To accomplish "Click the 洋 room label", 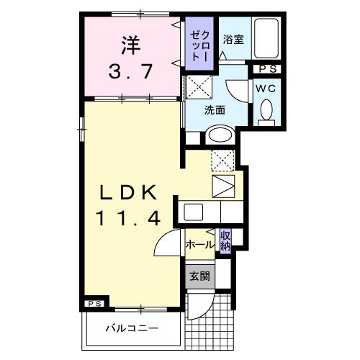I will [x=130, y=45].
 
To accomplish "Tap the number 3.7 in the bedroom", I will [x=130, y=71].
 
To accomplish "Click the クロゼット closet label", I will [x=198, y=45].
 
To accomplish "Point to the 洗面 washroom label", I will [x=215, y=110].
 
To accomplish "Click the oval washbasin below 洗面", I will [x=217, y=135].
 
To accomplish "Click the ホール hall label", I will [x=199, y=245].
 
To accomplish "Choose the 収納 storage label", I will [x=225, y=240].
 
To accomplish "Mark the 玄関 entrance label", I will [x=199, y=275].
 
